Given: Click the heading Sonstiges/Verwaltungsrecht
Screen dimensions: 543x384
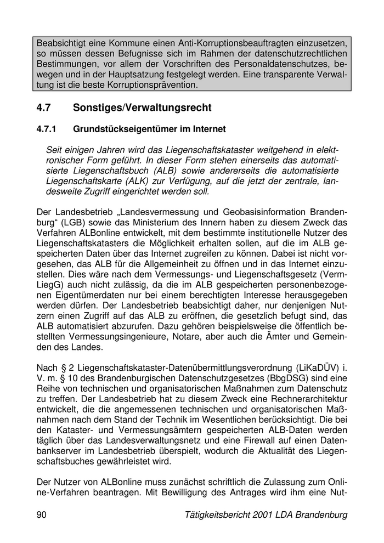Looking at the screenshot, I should (x=142, y=108).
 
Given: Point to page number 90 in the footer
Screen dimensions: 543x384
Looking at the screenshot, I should (x=42, y=515).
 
